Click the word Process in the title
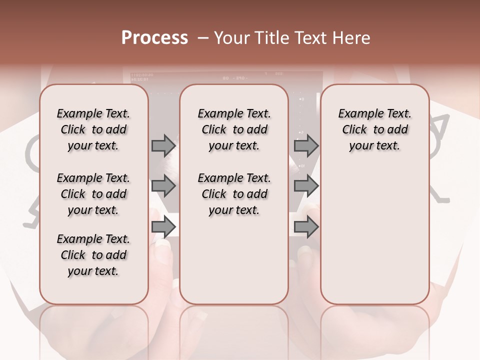pyautogui.click(x=154, y=38)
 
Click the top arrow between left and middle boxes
pyautogui.click(x=163, y=145)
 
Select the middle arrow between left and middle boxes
pyautogui.click(x=163, y=186)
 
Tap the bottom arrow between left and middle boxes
pyautogui.click(x=163, y=227)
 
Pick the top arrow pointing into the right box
pyautogui.click(x=306, y=145)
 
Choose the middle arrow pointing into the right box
pyautogui.click(x=306, y=186)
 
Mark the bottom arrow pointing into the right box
pyautogui.click(x=306, y=227)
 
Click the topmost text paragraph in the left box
pyautogui.click(x=93, y=129)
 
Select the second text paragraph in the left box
pyautogui.click(x=93, y=194)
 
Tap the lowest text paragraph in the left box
pyautogui.click(x=93, y=255)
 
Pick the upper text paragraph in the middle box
pyautogui.click(x=234, y=129)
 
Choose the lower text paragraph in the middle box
pyautogui.click(x=234, y=194)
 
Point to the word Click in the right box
pyautogui.click(x=354, y=130)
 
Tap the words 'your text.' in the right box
pyautogui.click(x=374, y=146)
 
